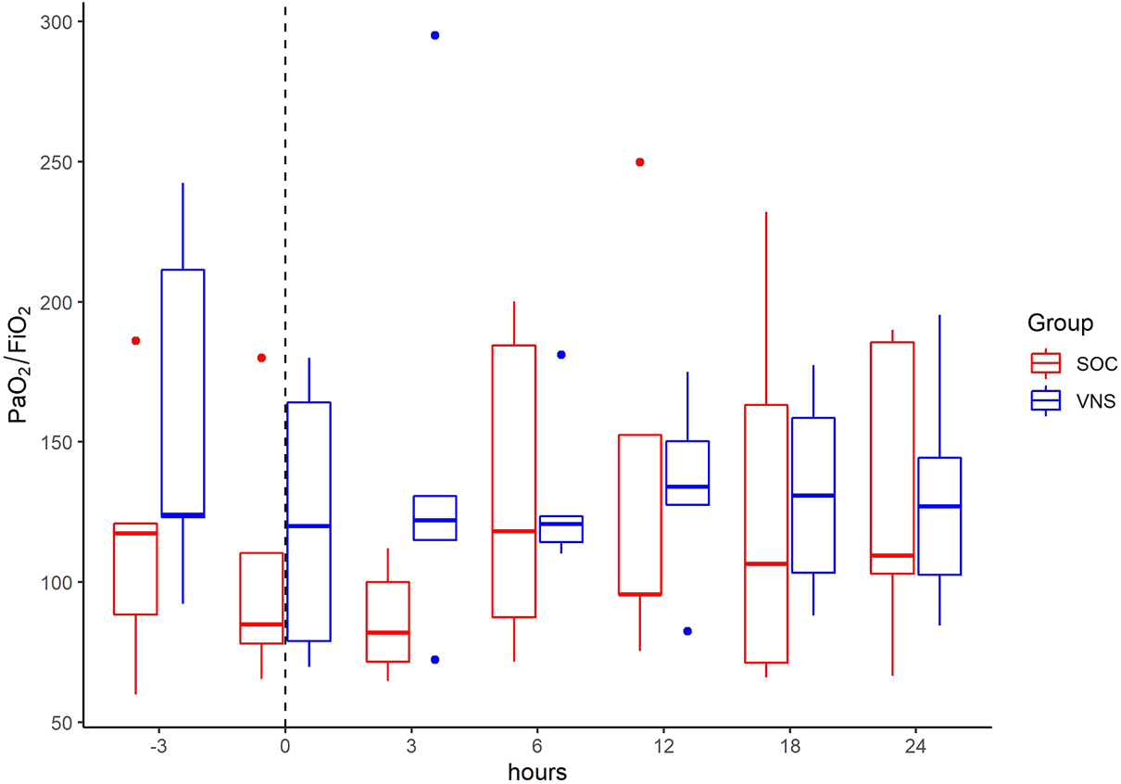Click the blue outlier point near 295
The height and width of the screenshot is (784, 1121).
pyautogui.click(x=435, y=35)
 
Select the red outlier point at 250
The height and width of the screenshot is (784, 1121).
pyautogui.click(x=639, y=162)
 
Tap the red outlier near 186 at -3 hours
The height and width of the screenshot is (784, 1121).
pyautogui.click(x=135, y=341)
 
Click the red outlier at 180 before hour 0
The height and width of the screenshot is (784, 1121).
pyautogui.click(x=261, y=358)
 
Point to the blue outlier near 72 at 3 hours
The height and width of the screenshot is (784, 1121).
pyautogui.click(x=435, y=660)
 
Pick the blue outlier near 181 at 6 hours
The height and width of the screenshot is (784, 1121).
pyautogui.click(x=560, y=355)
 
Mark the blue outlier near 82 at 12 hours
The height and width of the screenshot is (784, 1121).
pyautogui.click(x=687, y=631)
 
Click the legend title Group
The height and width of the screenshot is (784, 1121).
pyautogui.click(x=1060, y=323)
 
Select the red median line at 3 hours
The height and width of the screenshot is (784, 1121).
pyautogui.click(x=387, y=632)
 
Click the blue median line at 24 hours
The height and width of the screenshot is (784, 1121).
pyautogui.click(x=939, y=506)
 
